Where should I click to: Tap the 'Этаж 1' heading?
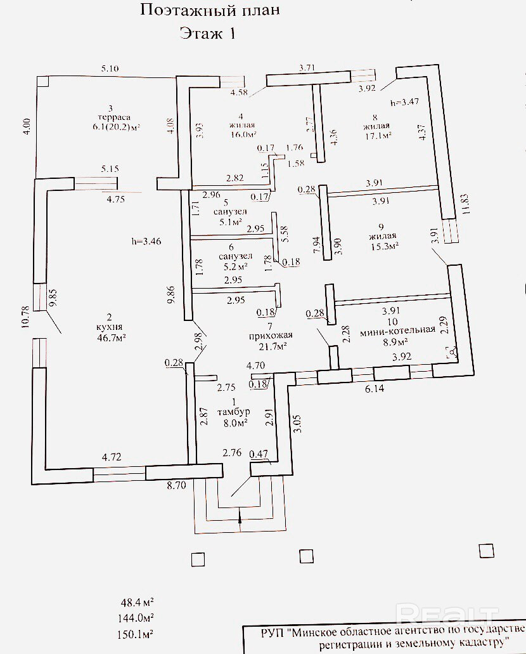pos(207,34)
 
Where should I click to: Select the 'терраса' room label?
pos(119,117)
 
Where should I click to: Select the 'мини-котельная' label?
pos(397,329)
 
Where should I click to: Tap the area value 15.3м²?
pos(381,247)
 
